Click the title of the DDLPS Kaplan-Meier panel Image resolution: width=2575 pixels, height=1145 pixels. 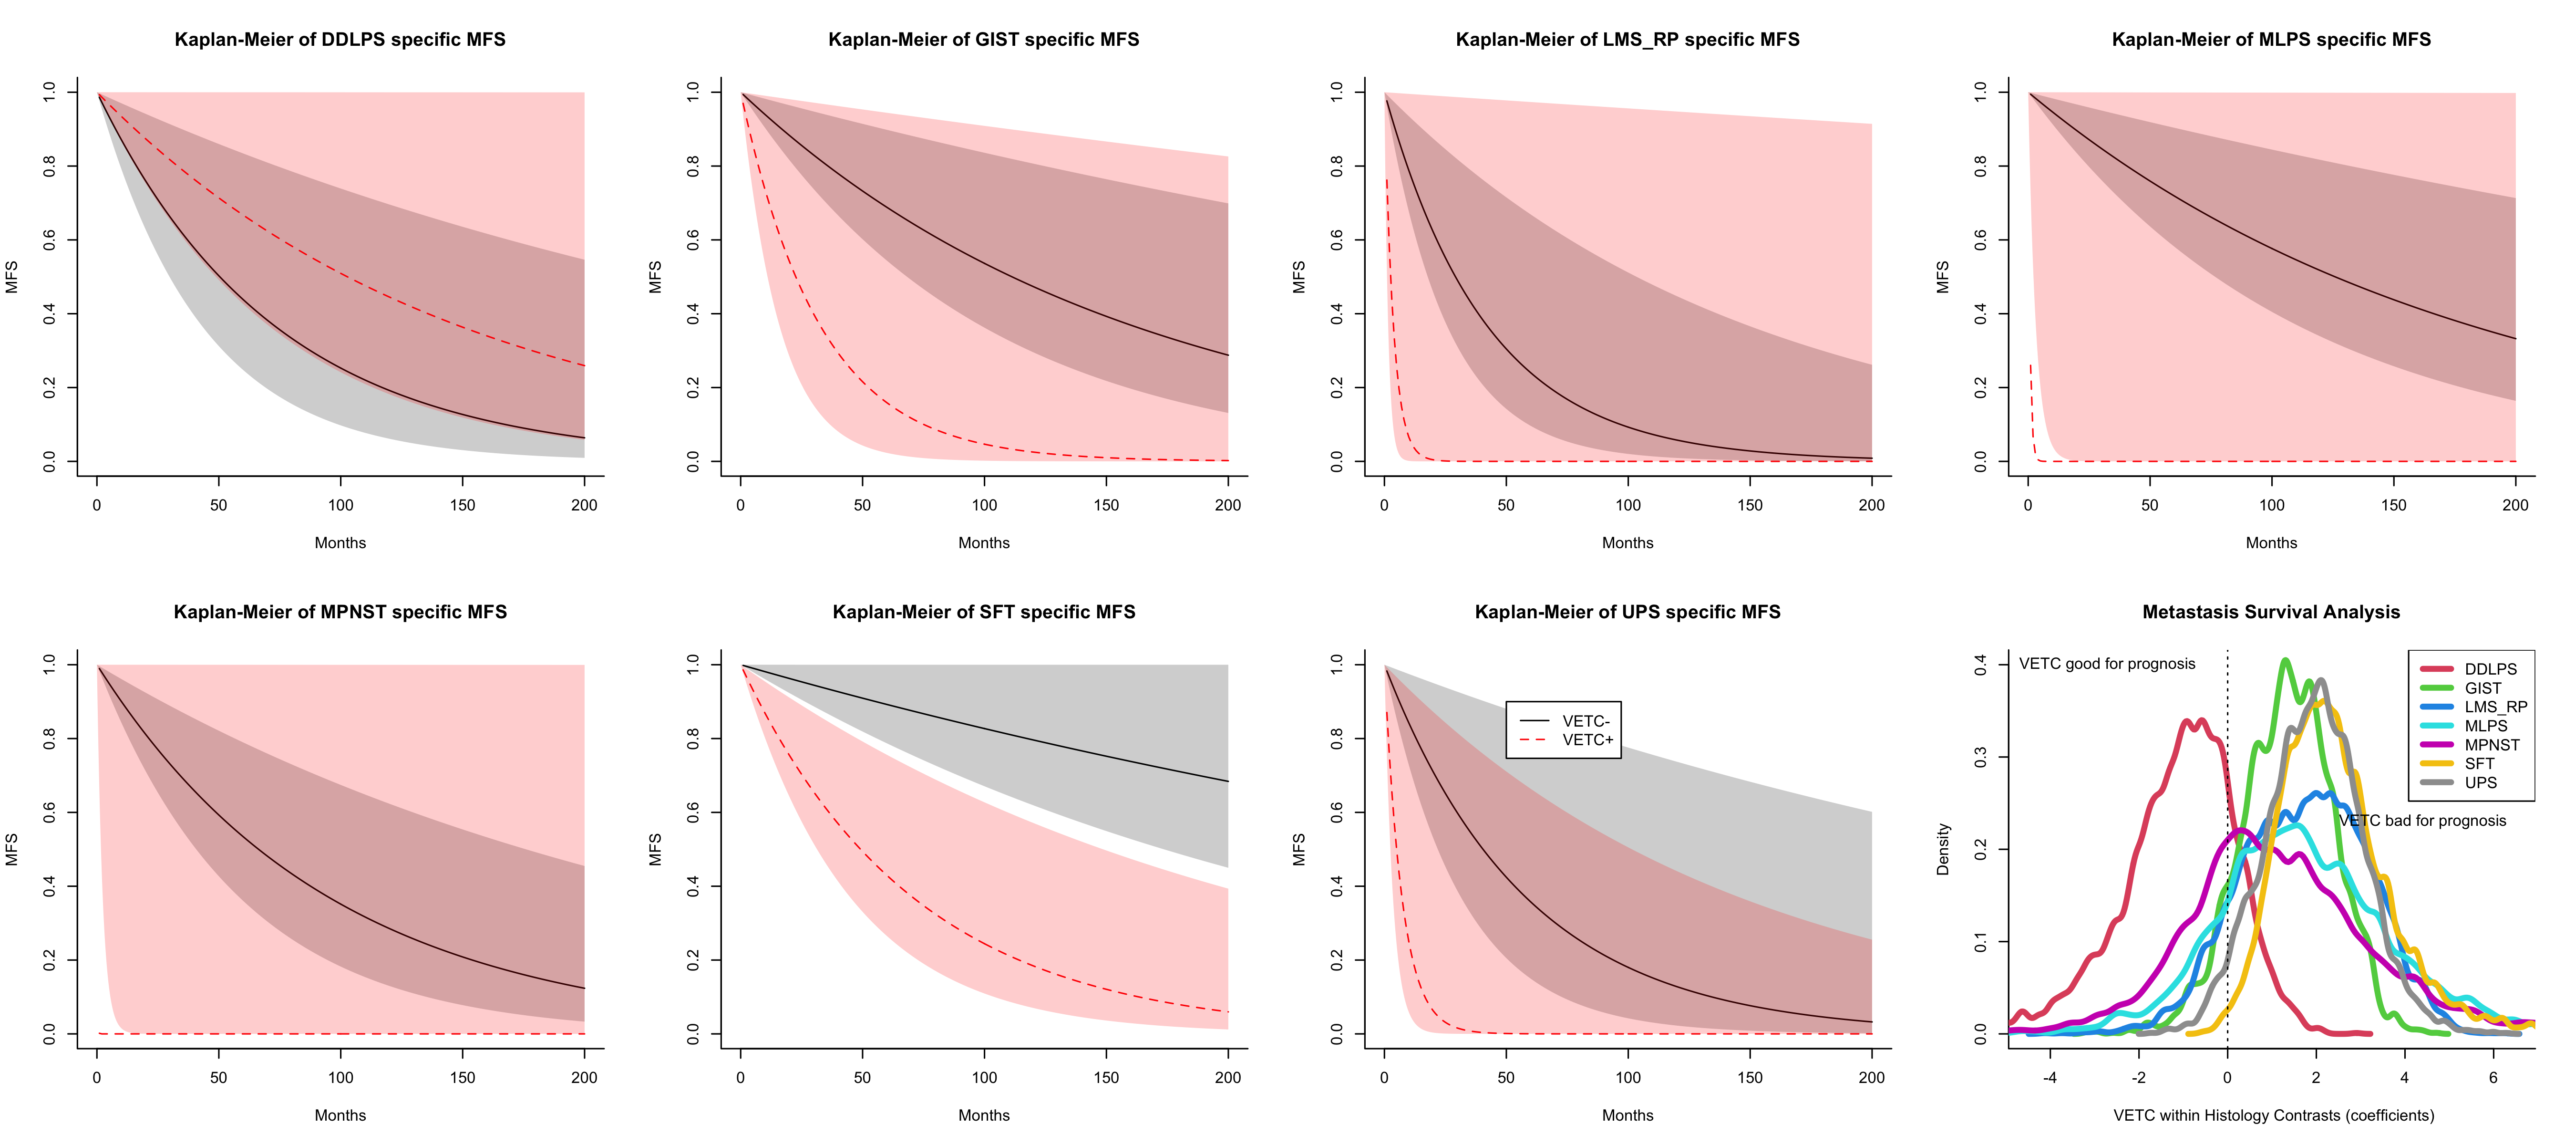[340, 40]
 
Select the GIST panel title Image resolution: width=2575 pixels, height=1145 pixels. [984, 40]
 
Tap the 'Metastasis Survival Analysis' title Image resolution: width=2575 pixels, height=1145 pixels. [2271, 612]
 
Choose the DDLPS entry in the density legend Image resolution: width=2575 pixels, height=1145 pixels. [2490, 669]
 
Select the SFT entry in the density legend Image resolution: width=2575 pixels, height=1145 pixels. [2479, 763]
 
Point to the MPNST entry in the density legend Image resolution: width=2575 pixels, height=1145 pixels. [2491, 745]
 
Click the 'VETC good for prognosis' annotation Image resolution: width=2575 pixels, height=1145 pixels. [2107, 664]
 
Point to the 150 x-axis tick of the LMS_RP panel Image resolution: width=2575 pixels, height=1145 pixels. [1749, 505]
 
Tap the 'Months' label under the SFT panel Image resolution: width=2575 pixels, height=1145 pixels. [984, 1115]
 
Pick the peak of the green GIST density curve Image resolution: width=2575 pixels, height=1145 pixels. [2285, 660]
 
